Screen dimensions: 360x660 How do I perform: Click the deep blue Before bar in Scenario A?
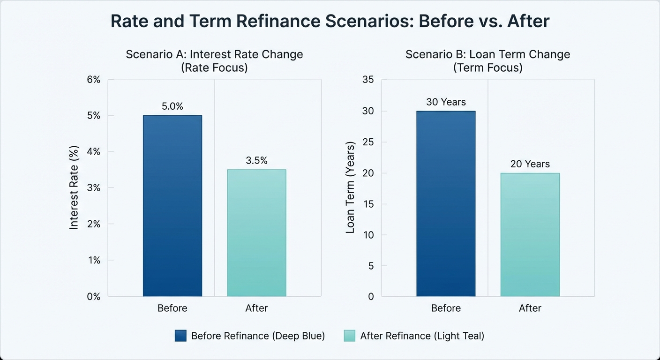[x=172, y=206]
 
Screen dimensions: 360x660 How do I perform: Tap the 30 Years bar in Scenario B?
[x=446, y=203]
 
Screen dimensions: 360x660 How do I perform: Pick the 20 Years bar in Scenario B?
[x=530, y=234]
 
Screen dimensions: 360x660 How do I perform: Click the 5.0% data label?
[x=172, y=106]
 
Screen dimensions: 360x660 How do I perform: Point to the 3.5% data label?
[x=256, y=161]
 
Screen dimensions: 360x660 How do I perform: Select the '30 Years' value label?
[x=446, y=102]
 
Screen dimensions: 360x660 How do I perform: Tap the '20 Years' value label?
[x=530, y=164]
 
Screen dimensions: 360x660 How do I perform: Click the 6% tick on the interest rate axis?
[x=94, y=80]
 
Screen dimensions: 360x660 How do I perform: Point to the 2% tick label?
[x=94, y=224]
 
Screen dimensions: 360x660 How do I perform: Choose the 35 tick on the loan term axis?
[x=368, y=80]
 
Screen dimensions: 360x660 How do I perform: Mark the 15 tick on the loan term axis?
[x=368, y=204]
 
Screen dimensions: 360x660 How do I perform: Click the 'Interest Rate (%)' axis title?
[x=74, y=187]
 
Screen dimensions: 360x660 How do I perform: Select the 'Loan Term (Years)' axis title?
[x=350, y=187]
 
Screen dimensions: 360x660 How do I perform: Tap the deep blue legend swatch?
[x=180, y=336]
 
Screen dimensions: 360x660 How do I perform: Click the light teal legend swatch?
[x=349, y=336]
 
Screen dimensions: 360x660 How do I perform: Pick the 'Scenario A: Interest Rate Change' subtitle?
[x=214, y=54]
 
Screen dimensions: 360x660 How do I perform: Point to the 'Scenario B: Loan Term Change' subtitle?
[x=487, y=54]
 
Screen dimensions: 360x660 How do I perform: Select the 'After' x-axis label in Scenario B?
[x=530, y=308]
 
